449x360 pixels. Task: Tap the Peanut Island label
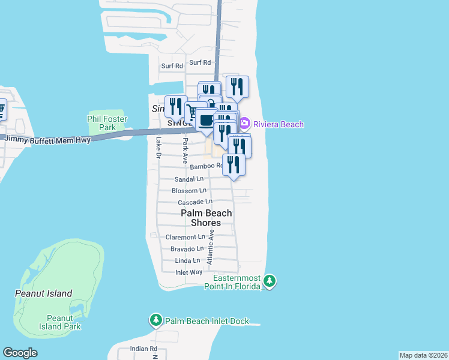[43, 293]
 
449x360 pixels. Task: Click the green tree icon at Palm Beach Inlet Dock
[156, 321]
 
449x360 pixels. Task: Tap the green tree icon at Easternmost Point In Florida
[270, 280]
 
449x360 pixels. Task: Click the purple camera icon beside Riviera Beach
[244, 124]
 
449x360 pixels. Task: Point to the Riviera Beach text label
[279, 124]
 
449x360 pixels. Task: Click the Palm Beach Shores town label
[206, 218]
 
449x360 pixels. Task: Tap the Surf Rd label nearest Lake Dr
[172, 66]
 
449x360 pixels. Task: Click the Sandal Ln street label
[188, 179]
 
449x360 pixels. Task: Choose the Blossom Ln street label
[189, 190]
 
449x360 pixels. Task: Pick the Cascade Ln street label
[195, 202]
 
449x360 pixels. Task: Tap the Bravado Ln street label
[187, 248]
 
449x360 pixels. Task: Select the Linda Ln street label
[187, 260]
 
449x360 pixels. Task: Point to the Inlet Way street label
[188, 272]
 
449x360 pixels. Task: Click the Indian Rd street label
[143, 349]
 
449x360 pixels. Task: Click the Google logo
[20, 353]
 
